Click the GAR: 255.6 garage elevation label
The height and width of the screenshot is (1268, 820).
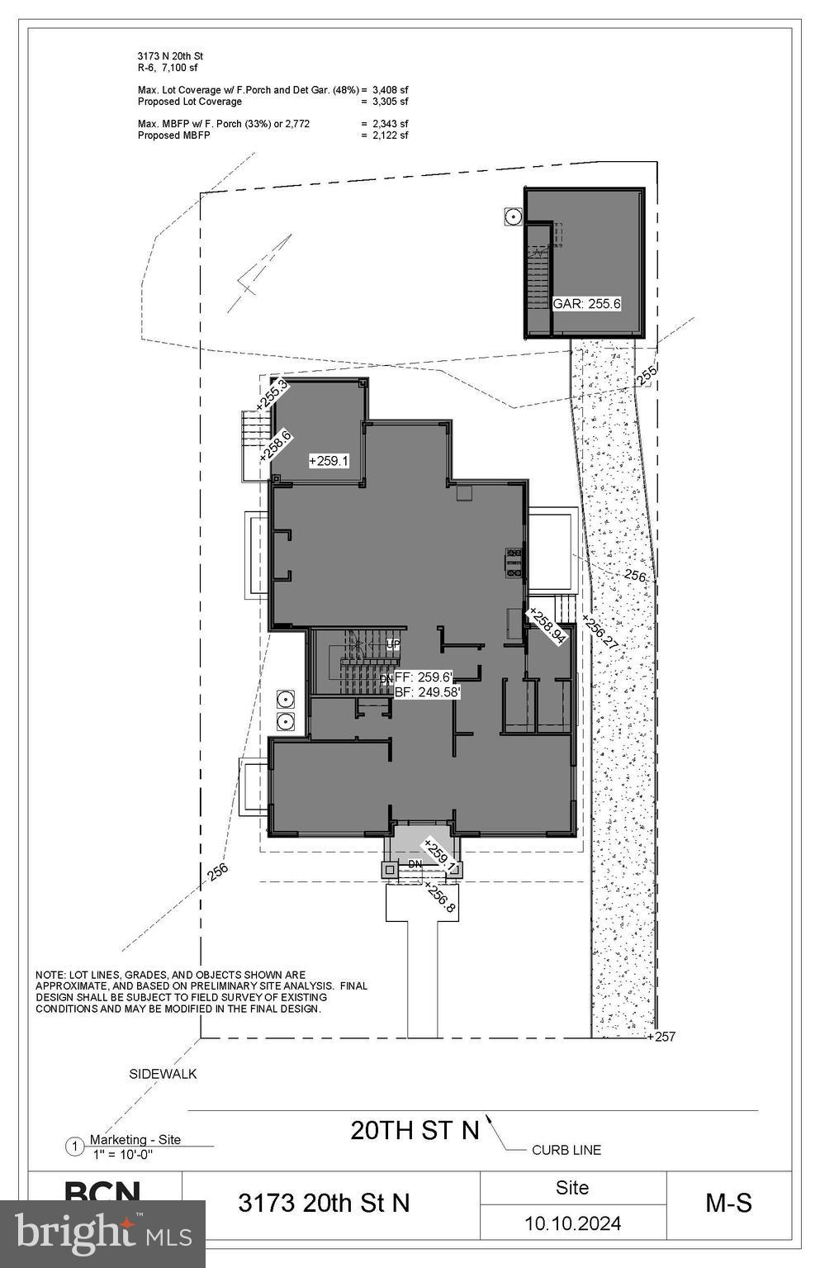[586, 303]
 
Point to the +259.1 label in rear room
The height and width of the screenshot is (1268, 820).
[329, 460]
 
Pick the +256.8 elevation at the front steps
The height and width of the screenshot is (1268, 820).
[439, 897]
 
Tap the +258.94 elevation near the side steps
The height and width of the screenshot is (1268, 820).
[547, 625]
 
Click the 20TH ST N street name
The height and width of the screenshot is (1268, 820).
[415, 1130]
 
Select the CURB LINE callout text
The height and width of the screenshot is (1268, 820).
[566, 1150]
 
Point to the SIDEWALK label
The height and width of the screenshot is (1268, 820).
[163, 1074]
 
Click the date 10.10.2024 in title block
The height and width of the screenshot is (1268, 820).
[572, 1223]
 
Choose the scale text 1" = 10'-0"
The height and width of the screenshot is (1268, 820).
[122, 1154]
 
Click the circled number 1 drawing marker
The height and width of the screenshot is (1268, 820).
[74, 1147]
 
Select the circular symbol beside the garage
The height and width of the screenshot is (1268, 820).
[513, 216]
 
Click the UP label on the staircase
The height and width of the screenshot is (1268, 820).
[393, 643]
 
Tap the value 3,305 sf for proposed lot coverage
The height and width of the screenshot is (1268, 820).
[390, 102]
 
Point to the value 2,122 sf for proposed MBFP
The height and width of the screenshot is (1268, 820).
[390, 135]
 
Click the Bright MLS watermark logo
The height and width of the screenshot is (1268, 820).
[102, 1233]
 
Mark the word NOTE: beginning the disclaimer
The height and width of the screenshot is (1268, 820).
[50, 976]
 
